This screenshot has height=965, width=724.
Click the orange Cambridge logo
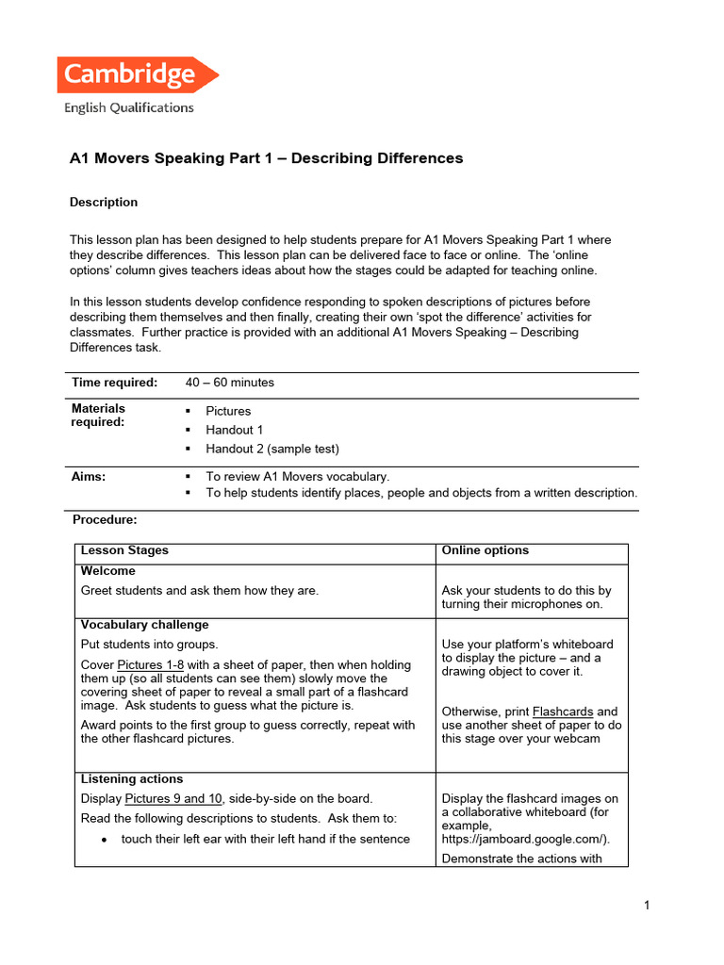[x=137, y=75]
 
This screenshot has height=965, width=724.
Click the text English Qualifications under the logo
[x=129, y=107]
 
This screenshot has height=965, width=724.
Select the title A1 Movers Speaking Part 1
[x=266, y=158]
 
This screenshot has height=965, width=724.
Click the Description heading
[x=104, y=203]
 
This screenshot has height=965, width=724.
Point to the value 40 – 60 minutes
[x=230, y=383]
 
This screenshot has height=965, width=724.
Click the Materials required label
[x=98, y=416]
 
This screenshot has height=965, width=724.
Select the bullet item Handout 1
[x=235, y=430]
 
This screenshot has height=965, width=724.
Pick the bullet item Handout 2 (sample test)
[x=272, y=449]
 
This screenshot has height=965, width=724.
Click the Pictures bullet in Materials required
[x=228, y=411]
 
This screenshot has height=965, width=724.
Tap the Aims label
[x=89, y=477]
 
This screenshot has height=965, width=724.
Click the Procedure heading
[x=105, y=519]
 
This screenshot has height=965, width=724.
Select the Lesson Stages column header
[x=124, y=550]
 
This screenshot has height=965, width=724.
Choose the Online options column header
[x=485, y=550]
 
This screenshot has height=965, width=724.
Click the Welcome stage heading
[x=107, y=571]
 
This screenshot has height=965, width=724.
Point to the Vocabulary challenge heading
[x=144, y=625]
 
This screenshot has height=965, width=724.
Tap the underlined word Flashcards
[x=562, y=711]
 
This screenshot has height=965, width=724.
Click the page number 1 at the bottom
[x=647, y=906]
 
